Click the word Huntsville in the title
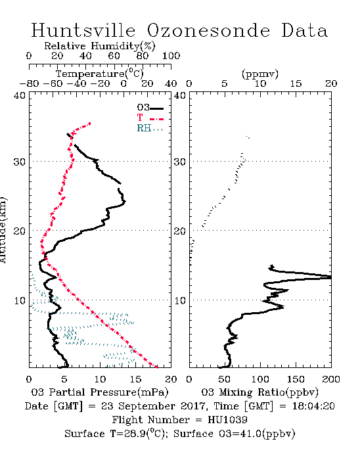pos(83,30)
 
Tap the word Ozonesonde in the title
pos(208,30)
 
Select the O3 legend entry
pos(150,107)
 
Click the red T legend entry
pos(150,118)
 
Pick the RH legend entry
pos(150,128)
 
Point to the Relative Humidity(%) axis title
pos(100,46)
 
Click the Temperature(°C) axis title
pos(100,74)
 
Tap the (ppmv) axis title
pos(260,74)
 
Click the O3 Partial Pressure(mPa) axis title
pos(100,392)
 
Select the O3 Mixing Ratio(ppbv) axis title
pos(259,392)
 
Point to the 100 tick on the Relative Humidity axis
pos(171,56)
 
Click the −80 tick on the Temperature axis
pos(29,84)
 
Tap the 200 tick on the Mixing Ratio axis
pos(331,379)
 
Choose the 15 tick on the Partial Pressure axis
pos(135,379)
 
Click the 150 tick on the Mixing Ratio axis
pos(296,379)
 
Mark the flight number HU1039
pos(227,420)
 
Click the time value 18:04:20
pos(313,406)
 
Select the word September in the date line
pos(146,407)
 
